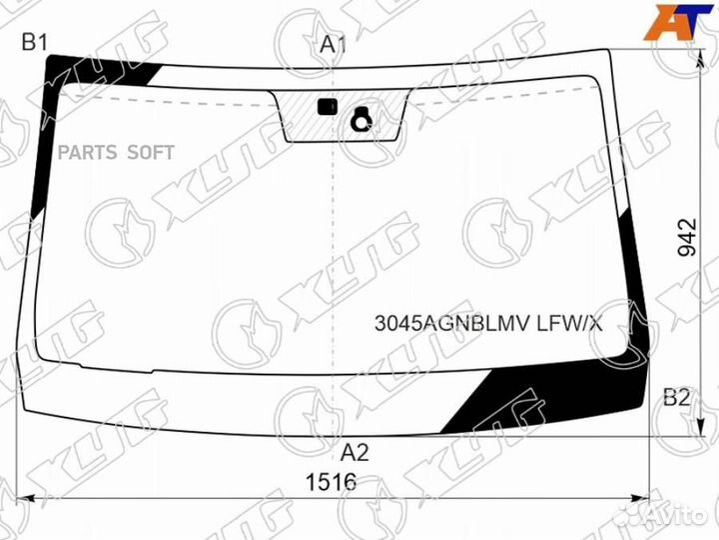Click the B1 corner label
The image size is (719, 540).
click(x=35, y=43)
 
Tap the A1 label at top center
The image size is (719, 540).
click(x=333, y=45)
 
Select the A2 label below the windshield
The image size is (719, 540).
click(x=355, y=453)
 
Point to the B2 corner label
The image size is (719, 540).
click(x=677, y=398)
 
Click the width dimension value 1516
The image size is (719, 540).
click(x=332, y=483)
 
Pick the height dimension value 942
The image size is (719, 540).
click(x=687, y=237)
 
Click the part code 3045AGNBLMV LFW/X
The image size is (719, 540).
click(x=488, y=323)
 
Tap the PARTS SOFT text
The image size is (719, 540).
click(x=116, y=152)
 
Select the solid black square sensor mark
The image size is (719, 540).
click(x=328, y=107)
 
